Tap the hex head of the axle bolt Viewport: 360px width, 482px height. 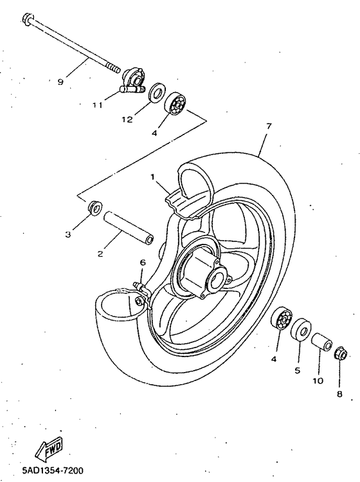28,18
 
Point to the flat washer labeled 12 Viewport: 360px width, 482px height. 156,93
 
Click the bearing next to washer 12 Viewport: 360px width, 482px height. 176,104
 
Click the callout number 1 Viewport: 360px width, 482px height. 153,176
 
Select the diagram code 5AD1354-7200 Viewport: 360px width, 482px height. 42,472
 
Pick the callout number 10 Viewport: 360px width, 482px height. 318,380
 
